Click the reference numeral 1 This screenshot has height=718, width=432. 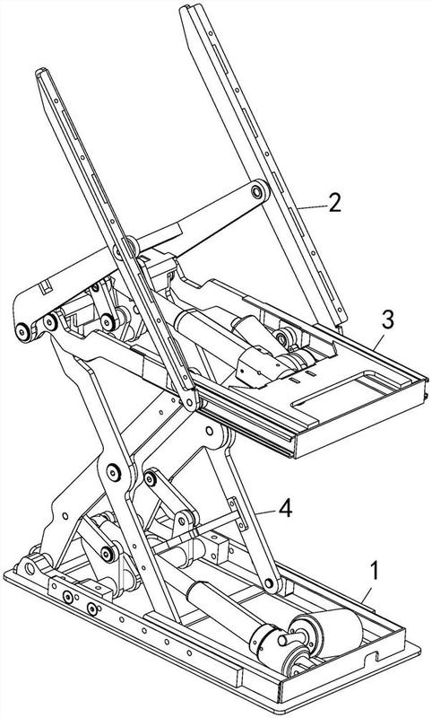(374, 572)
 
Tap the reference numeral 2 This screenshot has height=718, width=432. (334, 203)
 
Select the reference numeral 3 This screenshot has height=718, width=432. (388, 321)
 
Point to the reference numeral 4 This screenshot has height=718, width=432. (286, 509)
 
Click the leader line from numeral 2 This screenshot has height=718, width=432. (311, 207)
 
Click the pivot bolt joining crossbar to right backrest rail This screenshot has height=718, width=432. (258, 191)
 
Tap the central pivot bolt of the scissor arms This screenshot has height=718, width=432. (113, 473)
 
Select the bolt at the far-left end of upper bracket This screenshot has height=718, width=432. (22, 331)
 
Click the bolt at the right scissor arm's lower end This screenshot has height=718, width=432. (269, 583)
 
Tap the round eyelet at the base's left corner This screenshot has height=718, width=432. (30, 569)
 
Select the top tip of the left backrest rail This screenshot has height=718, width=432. (40, 72)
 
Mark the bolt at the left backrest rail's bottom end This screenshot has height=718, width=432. (189, 402)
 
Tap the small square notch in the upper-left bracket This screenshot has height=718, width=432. (46, 288)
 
